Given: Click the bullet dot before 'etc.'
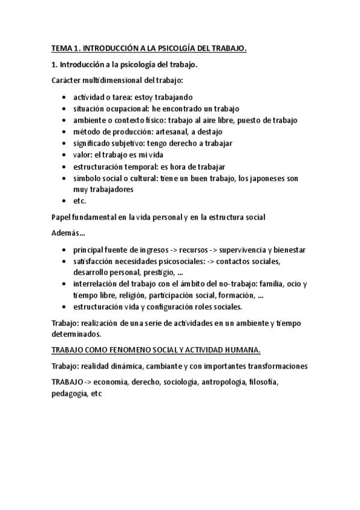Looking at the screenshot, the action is coord(65,201).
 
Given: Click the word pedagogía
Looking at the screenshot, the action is coord(69,394).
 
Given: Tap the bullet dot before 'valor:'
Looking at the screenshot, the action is coord(65,155).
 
